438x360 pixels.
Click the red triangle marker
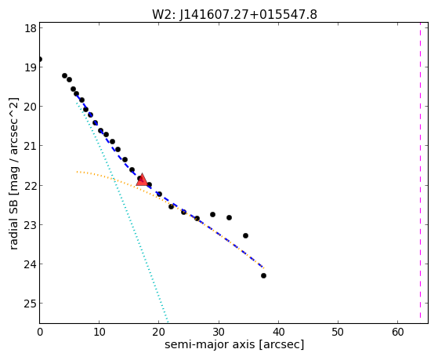[142, 180]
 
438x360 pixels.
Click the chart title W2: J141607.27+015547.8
[234, 15]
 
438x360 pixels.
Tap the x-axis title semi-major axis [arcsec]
[234, 344]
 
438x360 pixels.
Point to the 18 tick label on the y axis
[31, 28]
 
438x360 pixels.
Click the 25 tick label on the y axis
[31, 304]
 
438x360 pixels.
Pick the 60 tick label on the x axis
[398, 332]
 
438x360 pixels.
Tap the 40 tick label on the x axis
[278, 332]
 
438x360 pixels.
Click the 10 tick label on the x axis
[100, 332]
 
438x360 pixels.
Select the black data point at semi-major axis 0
[40, 59]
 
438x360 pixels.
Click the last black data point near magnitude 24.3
[263, 276]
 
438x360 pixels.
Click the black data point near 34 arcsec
[245, 236]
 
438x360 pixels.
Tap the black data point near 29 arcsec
[212, 215]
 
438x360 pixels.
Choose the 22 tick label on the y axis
[31, 185]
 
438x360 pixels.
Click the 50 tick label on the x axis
[338, 332]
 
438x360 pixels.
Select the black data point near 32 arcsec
[229, 217]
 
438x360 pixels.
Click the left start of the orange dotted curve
[77, 172]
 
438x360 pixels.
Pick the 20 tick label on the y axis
[31, 107]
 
